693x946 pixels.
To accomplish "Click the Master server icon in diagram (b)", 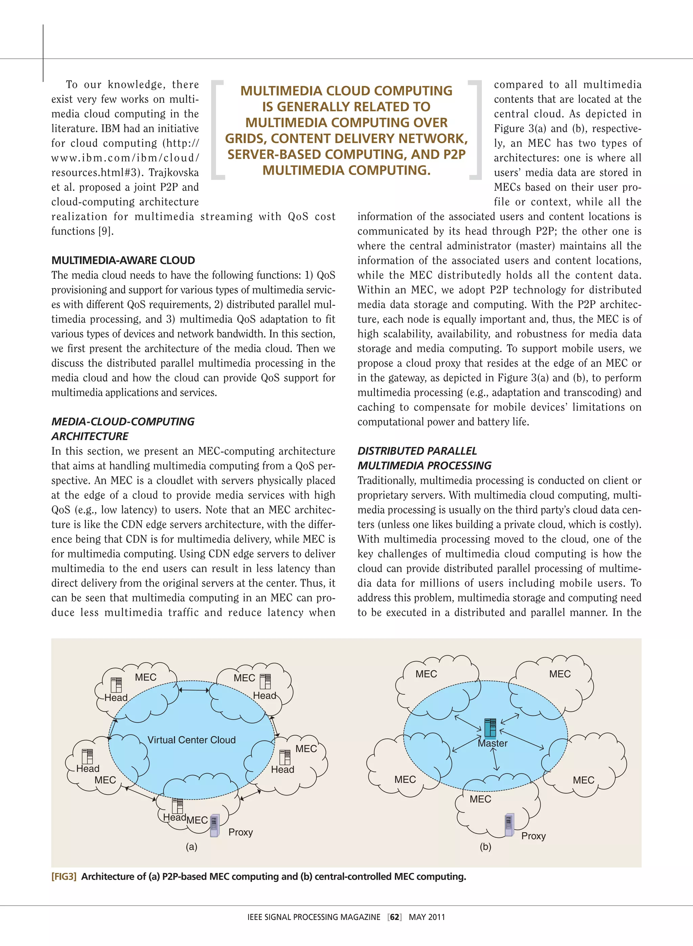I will tap(490, 728).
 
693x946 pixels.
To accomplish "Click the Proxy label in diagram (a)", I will tap(240, 832).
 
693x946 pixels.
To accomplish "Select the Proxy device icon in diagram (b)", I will tap(509, 825).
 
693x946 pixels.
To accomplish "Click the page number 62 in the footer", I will tap(394, 917).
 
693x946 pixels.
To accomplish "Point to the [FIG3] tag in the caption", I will tap(64, 876).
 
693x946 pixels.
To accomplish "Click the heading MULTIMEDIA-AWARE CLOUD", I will tap(123, 261).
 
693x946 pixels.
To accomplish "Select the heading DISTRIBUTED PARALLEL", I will tap(417, 451).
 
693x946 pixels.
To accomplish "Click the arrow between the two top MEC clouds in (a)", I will tap(194, 690).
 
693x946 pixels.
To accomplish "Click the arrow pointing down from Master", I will tap(495, 759).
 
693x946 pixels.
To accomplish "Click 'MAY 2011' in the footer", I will tap(427, 917).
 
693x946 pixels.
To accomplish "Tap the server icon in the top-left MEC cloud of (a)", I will tap(116, 684).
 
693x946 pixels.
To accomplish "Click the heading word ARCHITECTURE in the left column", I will tap(90, 436).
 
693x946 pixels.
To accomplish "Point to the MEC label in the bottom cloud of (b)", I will tap(480, 799).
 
